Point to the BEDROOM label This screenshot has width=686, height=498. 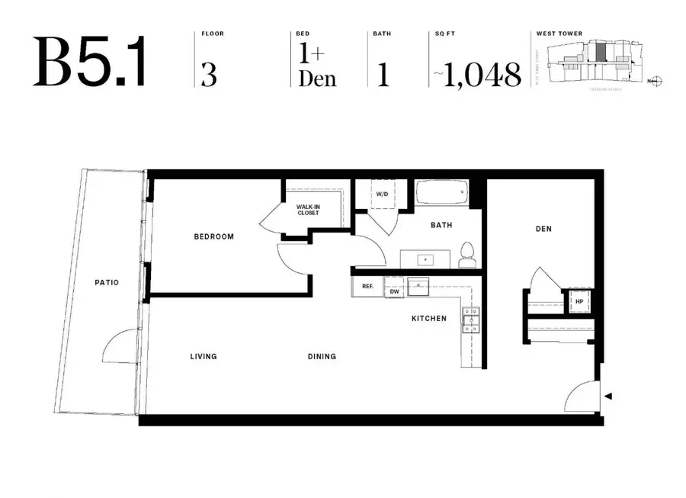pyautogui.click(x=213, y=236)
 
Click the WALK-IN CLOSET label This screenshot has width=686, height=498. pyautogui.click(x=309, y=210)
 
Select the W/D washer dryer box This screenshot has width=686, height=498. pyautogui.click(x=382, y=194)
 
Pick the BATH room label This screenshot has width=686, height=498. pyautogui.click(x=441, y=225)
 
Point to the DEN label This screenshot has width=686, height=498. pyautogui.click(x=543, y=229)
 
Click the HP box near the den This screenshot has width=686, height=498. pyautogui.click(x=579, y=301)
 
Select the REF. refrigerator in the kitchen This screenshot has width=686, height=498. pyautogui.click(x=367, y=287)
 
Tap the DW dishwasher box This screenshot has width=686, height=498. pyautogui.click(x=394, y=291)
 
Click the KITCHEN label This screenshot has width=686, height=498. pyautogui.click(x=429, y=318)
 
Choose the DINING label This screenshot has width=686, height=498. pyautogui.click(x=322, y=356)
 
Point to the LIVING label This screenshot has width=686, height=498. pyautogui.click(x=204, y=356)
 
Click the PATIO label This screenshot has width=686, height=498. pyautogui.click(x=107, y=282)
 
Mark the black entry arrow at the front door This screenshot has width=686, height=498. pyautogui.click(x=607, y=396)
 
